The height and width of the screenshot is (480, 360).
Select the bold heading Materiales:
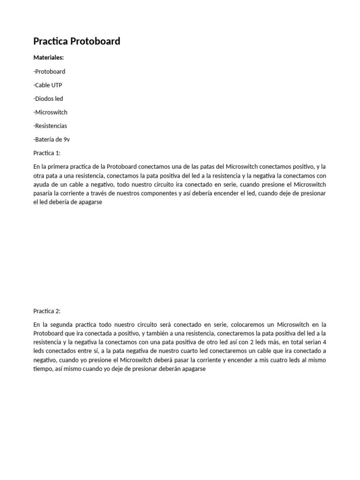tap(49, 58)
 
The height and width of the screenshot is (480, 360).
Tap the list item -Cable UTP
tap(48, 85)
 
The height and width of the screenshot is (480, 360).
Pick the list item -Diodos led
tap(48, 99)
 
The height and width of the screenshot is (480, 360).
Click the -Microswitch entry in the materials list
tap(51, 112)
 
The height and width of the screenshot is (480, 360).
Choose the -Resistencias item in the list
tap(50, 126)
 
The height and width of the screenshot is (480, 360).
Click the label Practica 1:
tap(47, 153)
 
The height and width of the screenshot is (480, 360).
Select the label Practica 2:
tap(47, 311)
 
